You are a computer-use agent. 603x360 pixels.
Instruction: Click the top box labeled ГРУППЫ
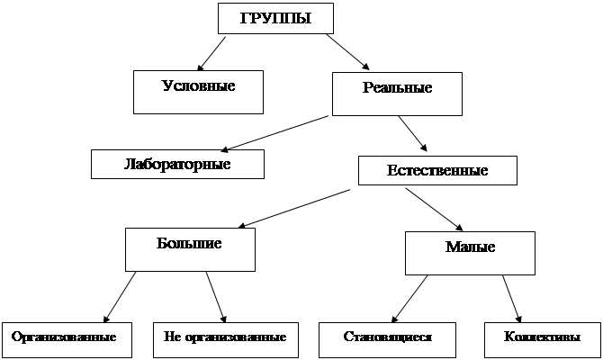point(276,19)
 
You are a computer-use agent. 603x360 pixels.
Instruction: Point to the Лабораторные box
point(177,164)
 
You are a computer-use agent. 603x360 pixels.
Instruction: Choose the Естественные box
point(437,170)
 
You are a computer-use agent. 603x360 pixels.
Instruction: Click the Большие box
point(189,248)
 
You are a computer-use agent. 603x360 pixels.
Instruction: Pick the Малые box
point(470,251)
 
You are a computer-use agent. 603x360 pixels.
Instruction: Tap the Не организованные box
point(225,338)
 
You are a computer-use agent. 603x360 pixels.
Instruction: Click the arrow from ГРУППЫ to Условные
point(212,52)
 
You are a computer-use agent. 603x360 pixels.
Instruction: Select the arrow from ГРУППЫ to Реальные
point(347,52)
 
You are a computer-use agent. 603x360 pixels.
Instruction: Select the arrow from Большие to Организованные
point(121,296)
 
